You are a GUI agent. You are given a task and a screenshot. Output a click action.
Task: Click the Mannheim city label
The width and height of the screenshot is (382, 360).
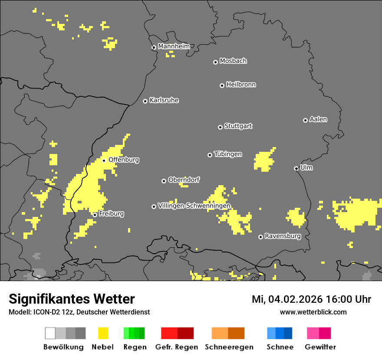click(174, 46)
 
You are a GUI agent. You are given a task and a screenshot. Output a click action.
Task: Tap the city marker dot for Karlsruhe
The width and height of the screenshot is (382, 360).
click(145, 101)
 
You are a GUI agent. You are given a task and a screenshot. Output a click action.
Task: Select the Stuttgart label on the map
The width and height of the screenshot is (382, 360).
click(238, 126)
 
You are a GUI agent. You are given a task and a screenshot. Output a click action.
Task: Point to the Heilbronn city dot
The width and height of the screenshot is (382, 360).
click(222, 85)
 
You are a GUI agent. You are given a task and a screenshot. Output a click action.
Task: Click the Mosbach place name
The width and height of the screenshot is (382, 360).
click(233, 61)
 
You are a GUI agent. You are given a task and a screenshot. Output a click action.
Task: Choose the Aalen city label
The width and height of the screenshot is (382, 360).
click(318, 119)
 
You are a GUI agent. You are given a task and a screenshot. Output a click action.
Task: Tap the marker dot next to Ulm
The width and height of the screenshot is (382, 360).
click(296, 168)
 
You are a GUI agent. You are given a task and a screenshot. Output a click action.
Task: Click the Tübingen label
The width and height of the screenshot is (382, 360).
click(228, 154)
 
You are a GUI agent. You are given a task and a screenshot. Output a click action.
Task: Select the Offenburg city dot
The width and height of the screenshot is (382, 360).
click(104, 160)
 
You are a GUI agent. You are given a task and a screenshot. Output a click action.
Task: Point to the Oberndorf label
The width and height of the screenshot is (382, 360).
click(184, 180)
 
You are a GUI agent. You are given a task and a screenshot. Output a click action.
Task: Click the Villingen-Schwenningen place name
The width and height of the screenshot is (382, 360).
click(194, 206)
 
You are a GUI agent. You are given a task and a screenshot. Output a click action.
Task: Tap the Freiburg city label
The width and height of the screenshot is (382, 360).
click(111, 214)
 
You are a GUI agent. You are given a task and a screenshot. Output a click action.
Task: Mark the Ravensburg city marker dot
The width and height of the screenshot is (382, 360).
click(260, 237)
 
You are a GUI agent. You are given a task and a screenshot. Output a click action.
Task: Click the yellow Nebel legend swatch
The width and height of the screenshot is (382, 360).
click(103, 333)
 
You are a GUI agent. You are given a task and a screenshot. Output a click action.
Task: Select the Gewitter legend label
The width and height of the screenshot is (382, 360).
click(320, 347)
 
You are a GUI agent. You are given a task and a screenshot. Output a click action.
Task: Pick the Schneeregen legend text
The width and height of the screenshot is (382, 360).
click(229, 347)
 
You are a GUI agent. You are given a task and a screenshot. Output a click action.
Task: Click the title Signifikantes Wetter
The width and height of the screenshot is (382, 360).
click(72, 299)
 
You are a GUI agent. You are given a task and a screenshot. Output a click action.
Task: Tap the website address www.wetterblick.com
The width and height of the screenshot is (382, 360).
click(313, 312)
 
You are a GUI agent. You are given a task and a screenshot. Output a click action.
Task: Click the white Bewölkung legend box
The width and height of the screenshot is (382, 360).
click(50, 333)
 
